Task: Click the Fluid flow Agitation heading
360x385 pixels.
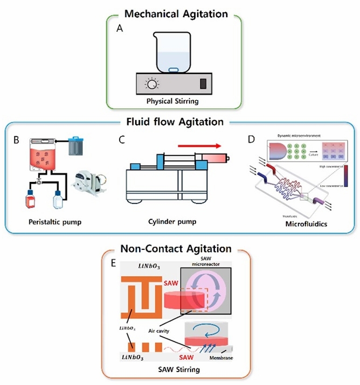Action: tap(179, 122)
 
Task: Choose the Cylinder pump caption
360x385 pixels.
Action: tap(172, 221)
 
